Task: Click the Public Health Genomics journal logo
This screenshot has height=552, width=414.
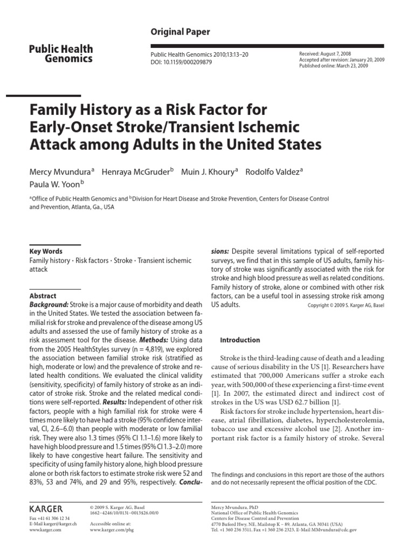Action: point(60,54)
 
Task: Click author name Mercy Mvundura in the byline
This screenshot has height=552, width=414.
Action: point(60,172)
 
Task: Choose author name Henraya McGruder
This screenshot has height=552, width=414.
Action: point(137,172)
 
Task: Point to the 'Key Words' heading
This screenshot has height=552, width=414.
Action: point(46,251)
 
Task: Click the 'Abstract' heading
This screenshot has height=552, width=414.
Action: point(43,296)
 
